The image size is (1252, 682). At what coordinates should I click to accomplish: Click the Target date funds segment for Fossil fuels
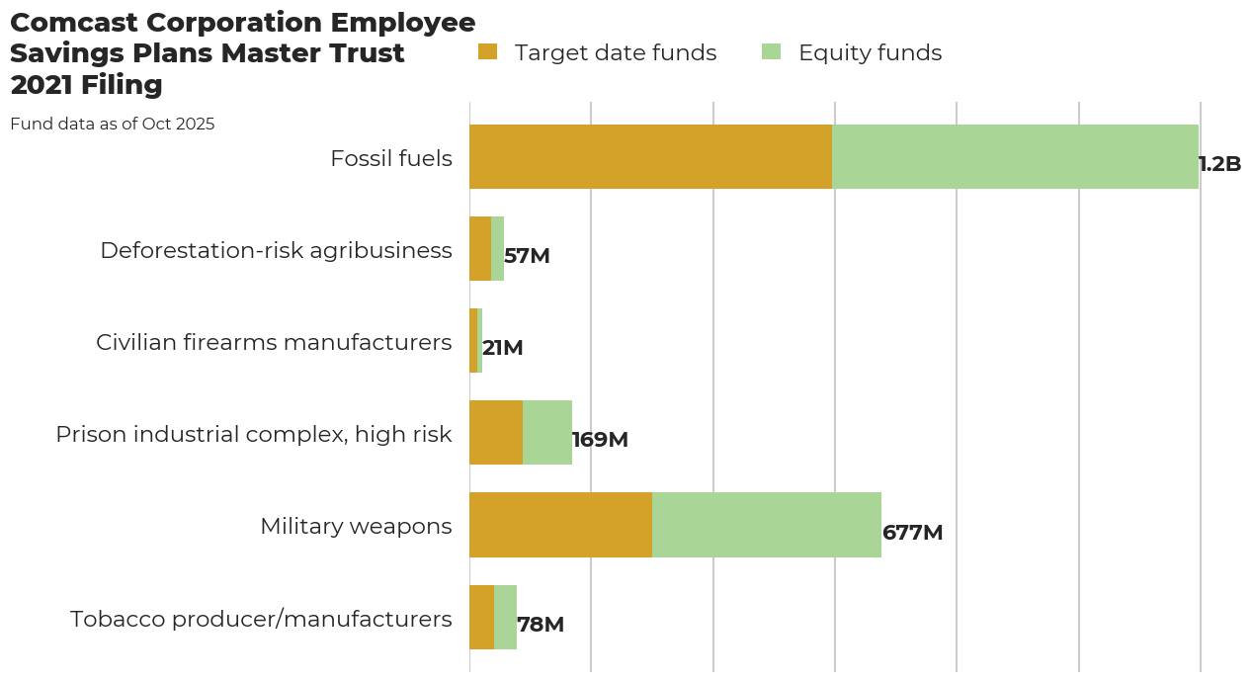point(650,156)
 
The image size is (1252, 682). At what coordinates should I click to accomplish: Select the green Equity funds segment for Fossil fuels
point(1015,156)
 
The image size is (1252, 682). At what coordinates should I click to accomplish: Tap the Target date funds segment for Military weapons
point(560,525)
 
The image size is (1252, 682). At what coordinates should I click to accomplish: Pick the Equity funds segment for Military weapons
point(767,525)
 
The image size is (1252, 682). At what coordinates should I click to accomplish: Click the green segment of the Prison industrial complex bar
point(547,433)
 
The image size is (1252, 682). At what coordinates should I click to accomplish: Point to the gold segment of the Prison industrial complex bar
point(496,433)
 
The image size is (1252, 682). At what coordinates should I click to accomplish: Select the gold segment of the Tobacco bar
point(481,618)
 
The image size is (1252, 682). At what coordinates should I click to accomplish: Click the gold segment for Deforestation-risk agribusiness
point(480,249)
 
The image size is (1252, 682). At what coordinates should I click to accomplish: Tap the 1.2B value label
point(1219,164)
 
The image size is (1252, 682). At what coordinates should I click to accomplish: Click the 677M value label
point(912,533)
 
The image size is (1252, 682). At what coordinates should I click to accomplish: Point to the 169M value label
point(600,440)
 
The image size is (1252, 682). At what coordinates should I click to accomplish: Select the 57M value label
point(527,256)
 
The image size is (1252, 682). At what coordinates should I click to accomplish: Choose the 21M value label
point(502,348)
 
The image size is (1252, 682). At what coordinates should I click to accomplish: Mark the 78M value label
point(541,625)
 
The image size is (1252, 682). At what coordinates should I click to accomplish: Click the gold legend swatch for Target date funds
point(487,52)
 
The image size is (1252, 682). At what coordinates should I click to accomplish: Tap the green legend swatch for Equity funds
point(772,52)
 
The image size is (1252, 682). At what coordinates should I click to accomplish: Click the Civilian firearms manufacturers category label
point(274,342)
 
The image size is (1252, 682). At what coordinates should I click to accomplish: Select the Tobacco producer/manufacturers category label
point(261,619)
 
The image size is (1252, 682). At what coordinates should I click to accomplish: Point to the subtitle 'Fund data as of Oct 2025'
point(113,125)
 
